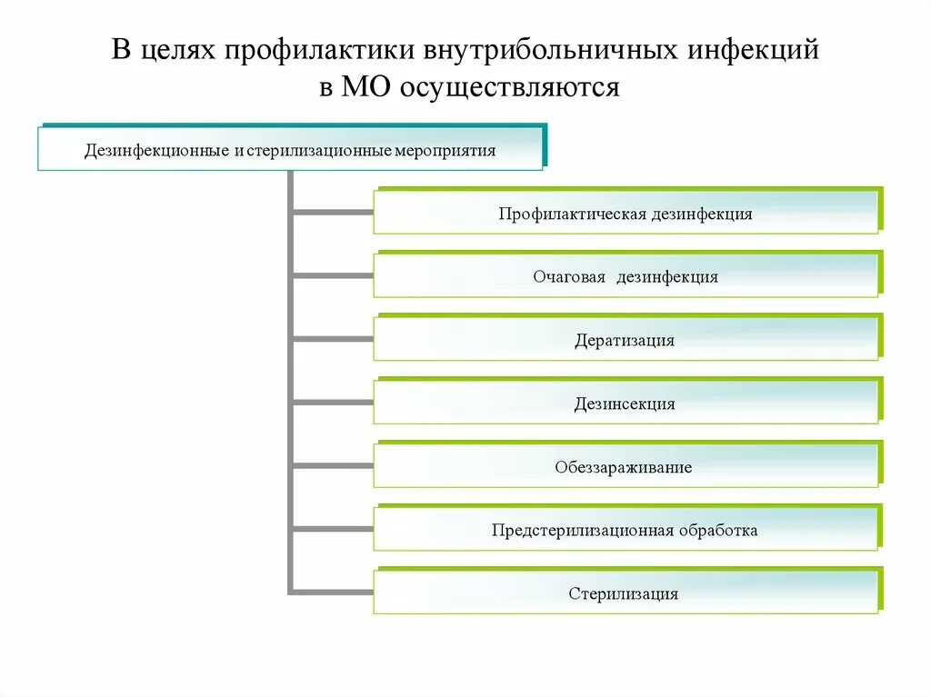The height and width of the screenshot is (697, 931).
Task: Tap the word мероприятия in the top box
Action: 445,150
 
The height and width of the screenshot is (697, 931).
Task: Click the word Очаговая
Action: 569,277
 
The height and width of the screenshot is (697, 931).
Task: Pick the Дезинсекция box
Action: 626,403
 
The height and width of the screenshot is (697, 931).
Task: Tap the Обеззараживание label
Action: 624,467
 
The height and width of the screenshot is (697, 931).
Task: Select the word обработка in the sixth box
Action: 717,530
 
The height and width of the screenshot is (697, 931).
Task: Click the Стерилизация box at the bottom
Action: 626,593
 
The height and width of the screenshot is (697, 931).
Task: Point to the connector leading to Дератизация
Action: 333,340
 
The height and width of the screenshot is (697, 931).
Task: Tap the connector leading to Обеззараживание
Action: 333,466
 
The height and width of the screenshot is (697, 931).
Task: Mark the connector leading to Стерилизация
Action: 333,592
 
